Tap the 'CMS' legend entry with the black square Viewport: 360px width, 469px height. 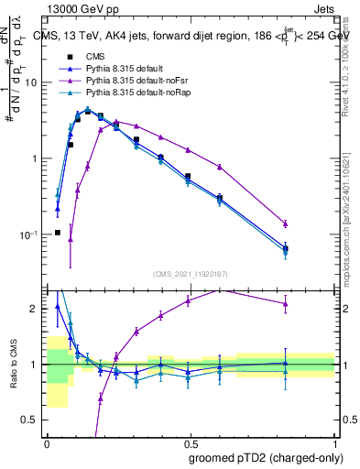(94, 57)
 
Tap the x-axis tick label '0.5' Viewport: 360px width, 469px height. (191, 441)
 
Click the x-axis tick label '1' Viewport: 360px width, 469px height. (335, 441)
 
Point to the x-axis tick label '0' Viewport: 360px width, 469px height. (47, 441)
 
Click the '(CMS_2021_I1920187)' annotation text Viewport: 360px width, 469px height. (191, 274)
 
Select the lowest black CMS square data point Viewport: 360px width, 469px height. (57, 233)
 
